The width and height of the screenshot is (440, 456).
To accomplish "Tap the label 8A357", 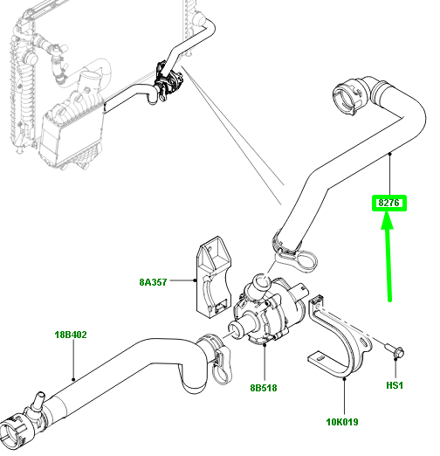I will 154,282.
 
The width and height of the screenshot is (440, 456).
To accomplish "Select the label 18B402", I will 72,334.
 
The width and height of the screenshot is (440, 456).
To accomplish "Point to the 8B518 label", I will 263,389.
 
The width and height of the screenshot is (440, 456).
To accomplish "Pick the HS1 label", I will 395,385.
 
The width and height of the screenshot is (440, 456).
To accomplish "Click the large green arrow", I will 388,258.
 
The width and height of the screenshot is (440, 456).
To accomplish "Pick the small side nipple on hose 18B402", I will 37,401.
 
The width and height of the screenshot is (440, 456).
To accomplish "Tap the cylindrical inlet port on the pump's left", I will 237,331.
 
